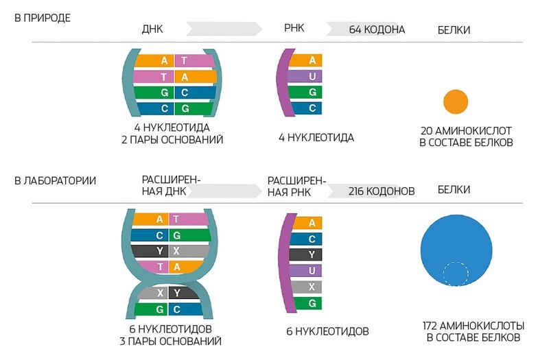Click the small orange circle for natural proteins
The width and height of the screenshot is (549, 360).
coord(455,101)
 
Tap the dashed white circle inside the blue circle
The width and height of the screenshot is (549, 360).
coord(456,274)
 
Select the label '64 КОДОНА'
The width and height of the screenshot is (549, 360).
coord(377,29)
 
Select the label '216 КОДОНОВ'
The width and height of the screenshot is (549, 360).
coord(381,191)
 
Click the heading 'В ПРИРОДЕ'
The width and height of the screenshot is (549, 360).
coord(43,16)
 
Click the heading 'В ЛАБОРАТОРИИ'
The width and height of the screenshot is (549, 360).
coord(55,180)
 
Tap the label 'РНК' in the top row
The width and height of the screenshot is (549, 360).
coord(294,29)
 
